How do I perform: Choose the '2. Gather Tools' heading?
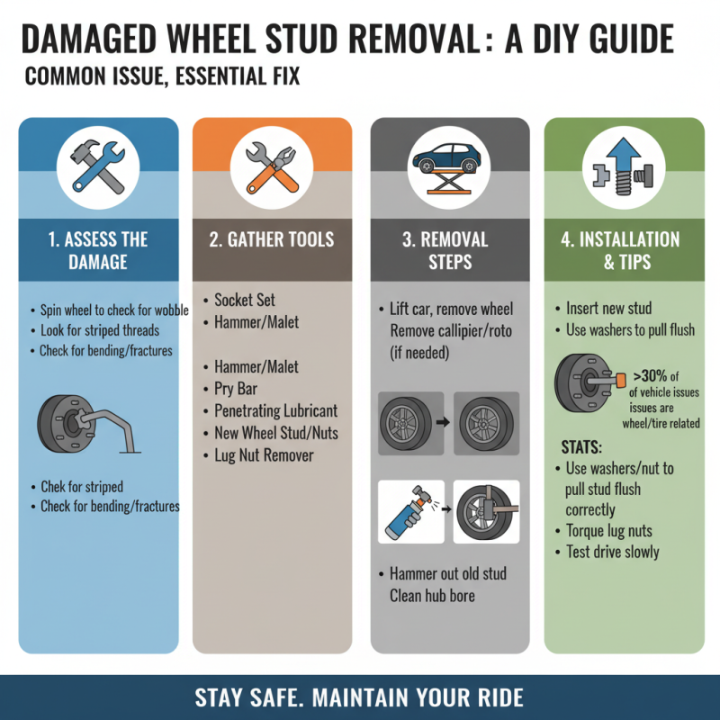(x=272, y=239)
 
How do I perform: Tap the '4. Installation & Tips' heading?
(x=623, y=250)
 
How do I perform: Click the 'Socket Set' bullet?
(x=245, y=301)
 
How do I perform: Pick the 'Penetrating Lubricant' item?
(x=275, y=411)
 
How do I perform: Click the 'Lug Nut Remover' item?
(x=264, y=455)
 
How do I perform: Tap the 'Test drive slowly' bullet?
(x=612, y=552)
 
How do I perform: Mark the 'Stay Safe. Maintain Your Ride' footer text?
(x=359, y=697)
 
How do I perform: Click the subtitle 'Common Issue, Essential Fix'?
(x=162, y=77)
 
